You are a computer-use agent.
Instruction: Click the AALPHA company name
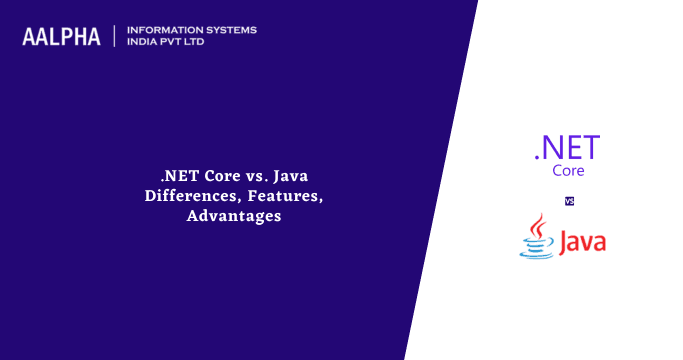(61, 37)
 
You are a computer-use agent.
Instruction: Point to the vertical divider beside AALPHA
(115, 36)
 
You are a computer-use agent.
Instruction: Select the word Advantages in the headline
(233, 215)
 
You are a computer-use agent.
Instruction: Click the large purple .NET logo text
(567, 148)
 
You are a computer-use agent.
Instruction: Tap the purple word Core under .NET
(568, 170)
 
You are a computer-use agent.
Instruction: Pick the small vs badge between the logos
(569, 201)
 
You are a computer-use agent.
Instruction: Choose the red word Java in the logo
(582, 242)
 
